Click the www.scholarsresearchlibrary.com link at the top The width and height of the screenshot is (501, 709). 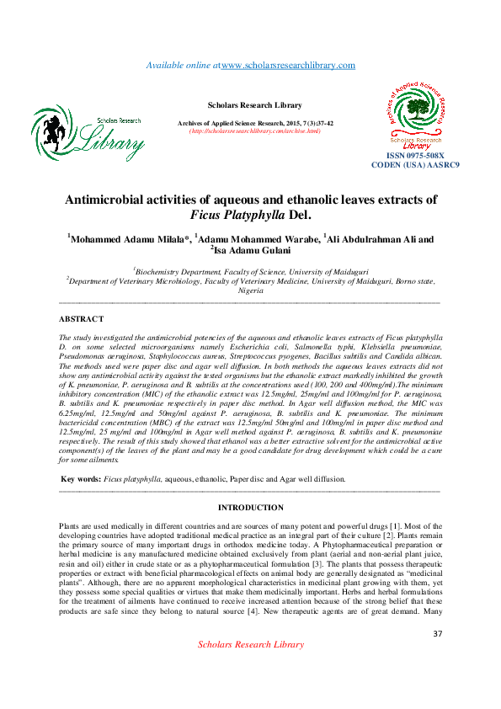tap(288, 66)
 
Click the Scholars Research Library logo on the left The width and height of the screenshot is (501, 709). tap(88, 134)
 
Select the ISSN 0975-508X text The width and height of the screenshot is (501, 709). tap(415, 157)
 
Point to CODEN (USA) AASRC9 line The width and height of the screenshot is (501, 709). tap(415, 165)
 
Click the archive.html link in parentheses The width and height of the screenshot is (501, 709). tap(255, 131)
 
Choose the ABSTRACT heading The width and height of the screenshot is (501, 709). tap(81, 319)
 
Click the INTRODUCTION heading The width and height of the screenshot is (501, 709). tap(250, 508)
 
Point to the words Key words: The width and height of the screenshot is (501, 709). tap(82, 478)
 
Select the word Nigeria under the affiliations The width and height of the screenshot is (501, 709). tap(250, 290)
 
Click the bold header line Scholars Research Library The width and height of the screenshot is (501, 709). tap(254, 105)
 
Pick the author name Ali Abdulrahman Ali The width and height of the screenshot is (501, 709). tap(374, 239)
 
